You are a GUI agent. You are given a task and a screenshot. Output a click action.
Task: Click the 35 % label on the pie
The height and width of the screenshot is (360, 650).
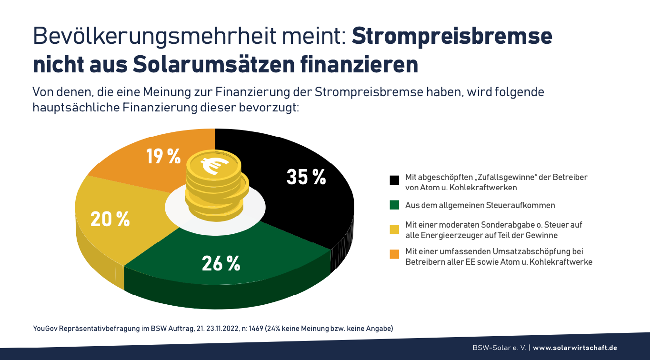306,177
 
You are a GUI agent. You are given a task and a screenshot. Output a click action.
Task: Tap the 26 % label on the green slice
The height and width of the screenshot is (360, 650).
220,263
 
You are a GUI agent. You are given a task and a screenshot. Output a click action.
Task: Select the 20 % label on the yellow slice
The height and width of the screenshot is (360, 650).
110,219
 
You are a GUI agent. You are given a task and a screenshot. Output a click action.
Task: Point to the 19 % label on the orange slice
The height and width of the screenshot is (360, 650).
163,156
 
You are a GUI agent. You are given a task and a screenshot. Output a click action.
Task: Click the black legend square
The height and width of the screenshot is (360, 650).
394,180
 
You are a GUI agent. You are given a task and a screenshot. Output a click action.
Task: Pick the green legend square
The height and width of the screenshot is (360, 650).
394,205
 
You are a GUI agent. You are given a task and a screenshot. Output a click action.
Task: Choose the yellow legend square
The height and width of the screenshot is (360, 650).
394,230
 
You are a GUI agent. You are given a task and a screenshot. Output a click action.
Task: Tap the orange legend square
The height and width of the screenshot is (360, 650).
394,255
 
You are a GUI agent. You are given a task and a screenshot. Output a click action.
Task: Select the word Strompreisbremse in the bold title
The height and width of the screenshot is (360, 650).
452,36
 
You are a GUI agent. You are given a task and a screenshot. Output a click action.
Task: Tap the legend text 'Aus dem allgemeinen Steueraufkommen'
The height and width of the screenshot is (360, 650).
480,205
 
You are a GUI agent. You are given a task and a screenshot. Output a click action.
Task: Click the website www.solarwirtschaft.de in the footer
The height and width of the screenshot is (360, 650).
575,348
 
